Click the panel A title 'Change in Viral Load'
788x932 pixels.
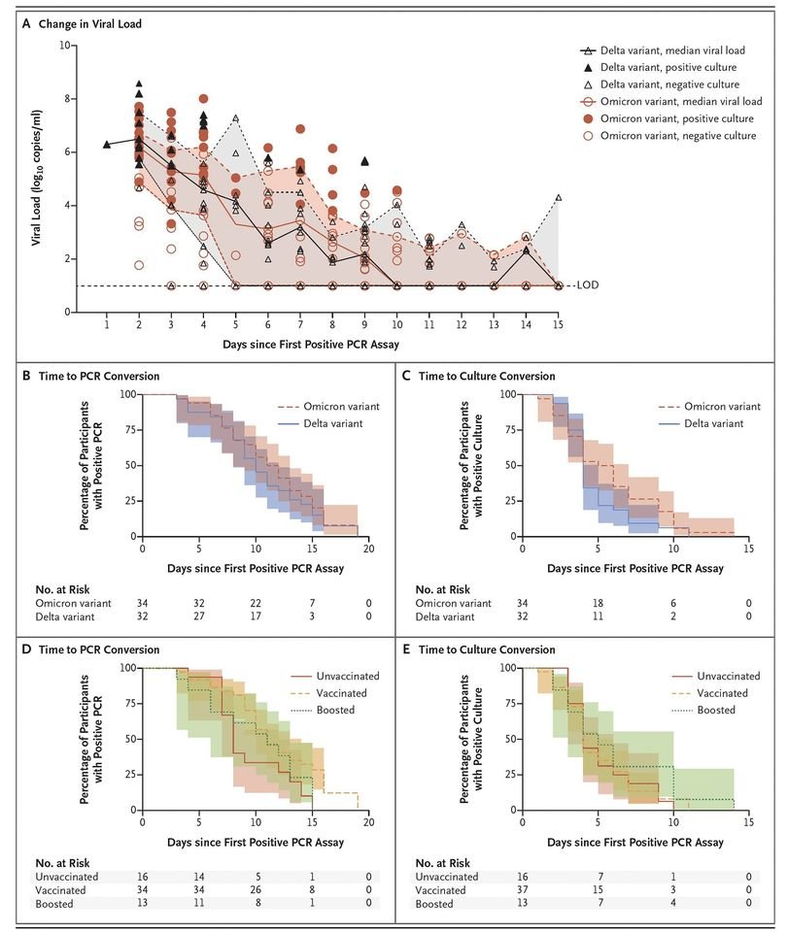coord(89,23)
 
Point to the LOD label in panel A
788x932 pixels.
coord(588,284)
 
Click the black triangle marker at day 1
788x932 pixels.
coord(107,144)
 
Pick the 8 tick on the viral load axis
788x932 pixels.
coord(67,99)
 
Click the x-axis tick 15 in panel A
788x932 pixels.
coord(558,324)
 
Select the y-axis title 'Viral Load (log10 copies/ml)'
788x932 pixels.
coord(37,178)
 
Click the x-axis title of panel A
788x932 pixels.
coord(311,344)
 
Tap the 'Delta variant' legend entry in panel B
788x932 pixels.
coord(333,423)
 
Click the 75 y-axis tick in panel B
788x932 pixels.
coord(131,430)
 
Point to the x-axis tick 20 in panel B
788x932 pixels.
coord(368,549)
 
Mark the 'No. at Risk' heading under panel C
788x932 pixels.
coord(442,589)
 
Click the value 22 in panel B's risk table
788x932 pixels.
coord(256,603)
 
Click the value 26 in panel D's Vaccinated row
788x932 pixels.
coord(256,890)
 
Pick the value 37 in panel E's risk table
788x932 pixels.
coord(522,890)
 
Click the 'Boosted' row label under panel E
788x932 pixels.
coord(434,904)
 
